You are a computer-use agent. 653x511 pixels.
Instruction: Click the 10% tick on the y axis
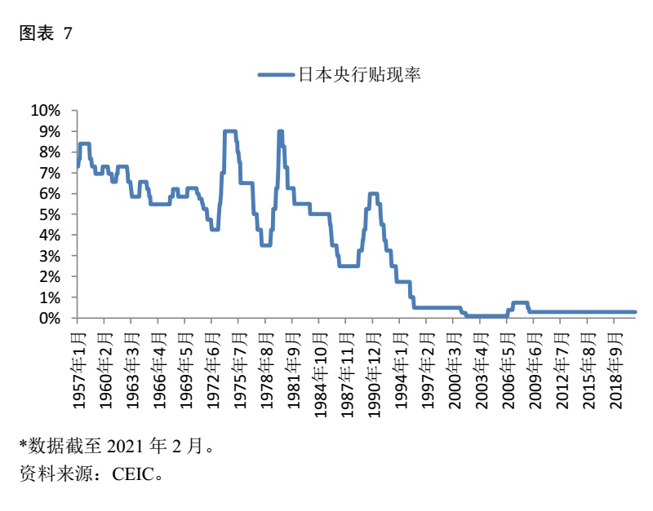[46, 111]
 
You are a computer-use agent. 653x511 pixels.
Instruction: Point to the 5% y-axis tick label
[49, 214]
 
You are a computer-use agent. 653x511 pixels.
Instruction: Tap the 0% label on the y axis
[49, 319]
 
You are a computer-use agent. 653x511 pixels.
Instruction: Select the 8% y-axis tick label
[49, 152]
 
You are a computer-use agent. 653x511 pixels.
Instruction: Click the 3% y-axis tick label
[49, 256]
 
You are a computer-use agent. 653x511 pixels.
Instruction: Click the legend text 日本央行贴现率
[359, 75]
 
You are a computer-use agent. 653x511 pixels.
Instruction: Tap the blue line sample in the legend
[276, 75]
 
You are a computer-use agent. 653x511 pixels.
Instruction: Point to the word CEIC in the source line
[135, 473]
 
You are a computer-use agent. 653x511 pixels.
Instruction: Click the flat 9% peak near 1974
[230, 131]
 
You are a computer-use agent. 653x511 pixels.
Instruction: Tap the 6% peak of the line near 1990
[373, 194]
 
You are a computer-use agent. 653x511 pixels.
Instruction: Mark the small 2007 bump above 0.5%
[520, 303]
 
